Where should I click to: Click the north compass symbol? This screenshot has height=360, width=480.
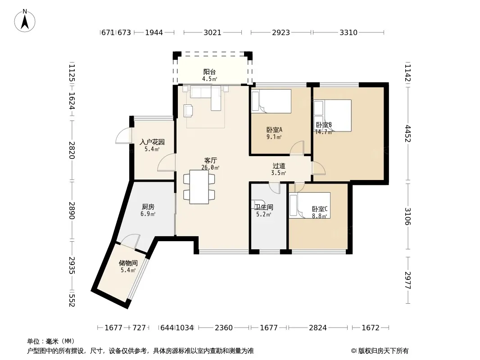click(x=25, y=21)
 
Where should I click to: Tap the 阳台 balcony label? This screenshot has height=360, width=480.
click(x=210, y=72)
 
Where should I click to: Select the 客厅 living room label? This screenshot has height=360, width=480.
click(x=211, y=160)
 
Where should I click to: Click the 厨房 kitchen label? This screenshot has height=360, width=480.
click(x=148, y=207)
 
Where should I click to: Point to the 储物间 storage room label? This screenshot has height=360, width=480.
click(x=128, y=263)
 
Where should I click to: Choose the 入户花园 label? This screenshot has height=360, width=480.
click(x=152, y=142)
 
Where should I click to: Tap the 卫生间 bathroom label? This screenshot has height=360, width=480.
click(x=264, y=207)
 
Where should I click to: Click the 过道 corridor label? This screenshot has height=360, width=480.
click(x=279, y=166)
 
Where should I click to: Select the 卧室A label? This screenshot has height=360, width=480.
click(x=274, y=130)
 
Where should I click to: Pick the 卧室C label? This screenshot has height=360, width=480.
click(x=320, y=209)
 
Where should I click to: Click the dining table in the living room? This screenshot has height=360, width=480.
click(x=199, y=187)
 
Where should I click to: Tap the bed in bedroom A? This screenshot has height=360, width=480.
click(x=271, y=101)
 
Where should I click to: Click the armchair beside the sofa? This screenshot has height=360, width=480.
click(x=188, y=111)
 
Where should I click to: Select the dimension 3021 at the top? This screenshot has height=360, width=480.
click(x=213, y=32)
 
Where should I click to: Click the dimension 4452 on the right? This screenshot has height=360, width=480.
click(x=408, y=133)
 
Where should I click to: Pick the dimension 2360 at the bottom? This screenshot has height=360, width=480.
click(x=224, y=328)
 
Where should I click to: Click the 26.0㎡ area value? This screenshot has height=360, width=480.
click(x=210, y=167)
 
